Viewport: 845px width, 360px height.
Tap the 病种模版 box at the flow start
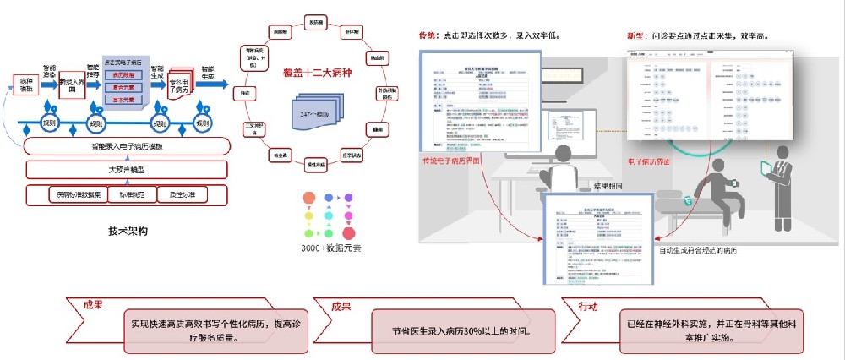click(x=27, y=85)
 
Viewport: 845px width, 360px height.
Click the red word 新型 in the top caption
click(x=635, y=36)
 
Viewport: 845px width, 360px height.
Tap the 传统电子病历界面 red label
click(x=457, y=160)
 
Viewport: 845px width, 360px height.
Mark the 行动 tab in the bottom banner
click(x=590, y=305)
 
